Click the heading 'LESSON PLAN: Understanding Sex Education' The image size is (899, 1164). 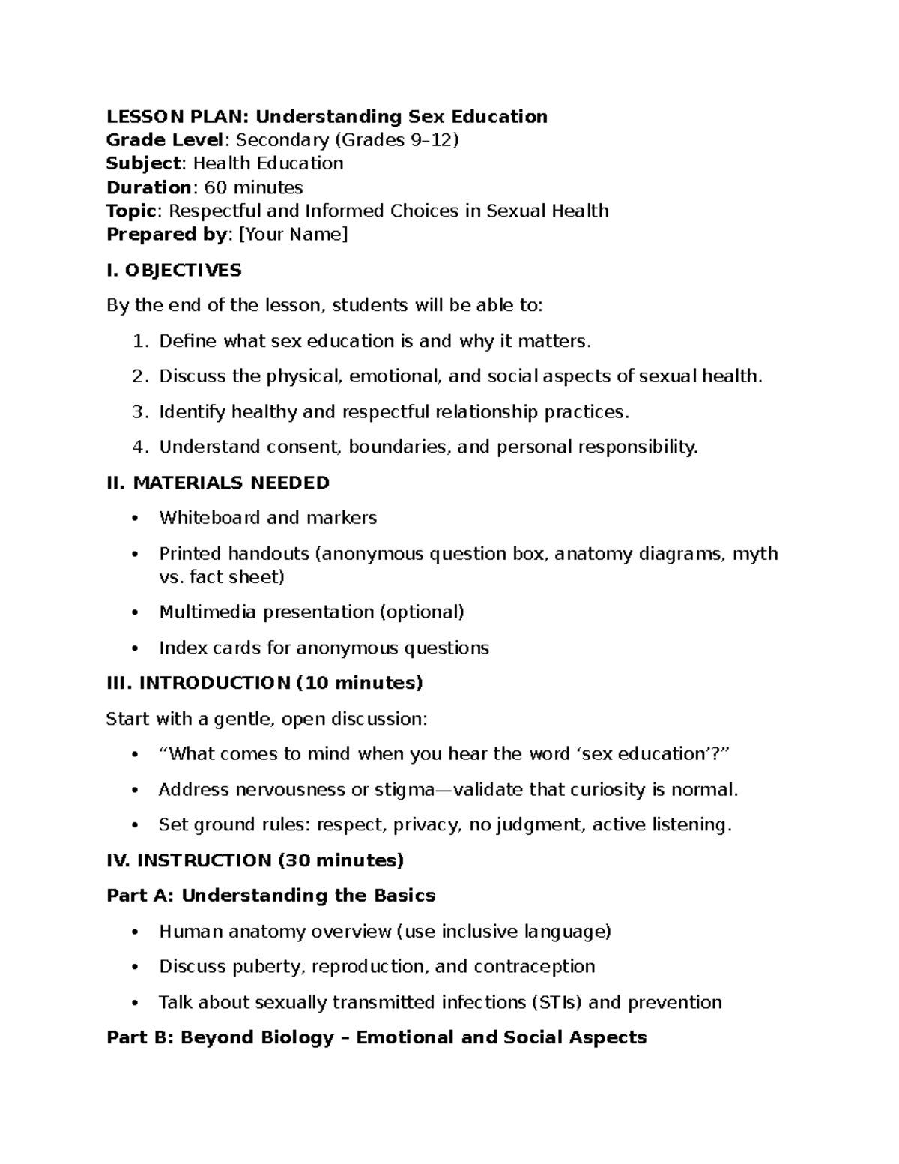pos(327,117)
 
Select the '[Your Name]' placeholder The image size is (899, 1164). pos(293,235)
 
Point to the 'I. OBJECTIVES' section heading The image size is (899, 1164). pos(174,271)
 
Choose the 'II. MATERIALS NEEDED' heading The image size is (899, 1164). pos(218,483)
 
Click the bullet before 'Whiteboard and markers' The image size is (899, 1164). pos(135,519)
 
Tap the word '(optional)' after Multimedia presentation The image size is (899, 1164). pos(422,612)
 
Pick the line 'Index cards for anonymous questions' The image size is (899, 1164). pos(324,648)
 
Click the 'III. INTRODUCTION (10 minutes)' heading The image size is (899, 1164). pos(264,684)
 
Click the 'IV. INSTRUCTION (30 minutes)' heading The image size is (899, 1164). pos(255,861)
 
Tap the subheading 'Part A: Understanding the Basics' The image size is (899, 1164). pos(270,896)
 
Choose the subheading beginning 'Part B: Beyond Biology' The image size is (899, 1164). pos(376,1038)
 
